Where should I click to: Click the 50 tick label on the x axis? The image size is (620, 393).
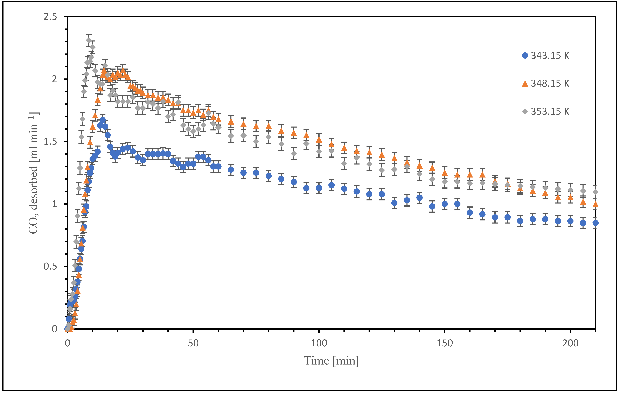(193, 343)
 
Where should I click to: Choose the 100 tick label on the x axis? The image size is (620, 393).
(319, 343)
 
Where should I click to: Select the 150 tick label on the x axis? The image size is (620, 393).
(445, 343)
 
